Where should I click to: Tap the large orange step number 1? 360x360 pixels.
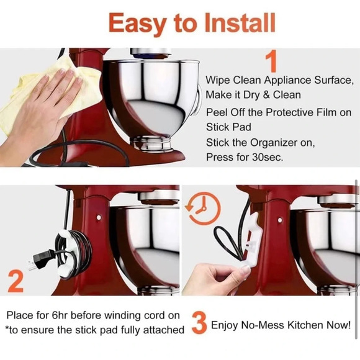[x=271, y=63]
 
